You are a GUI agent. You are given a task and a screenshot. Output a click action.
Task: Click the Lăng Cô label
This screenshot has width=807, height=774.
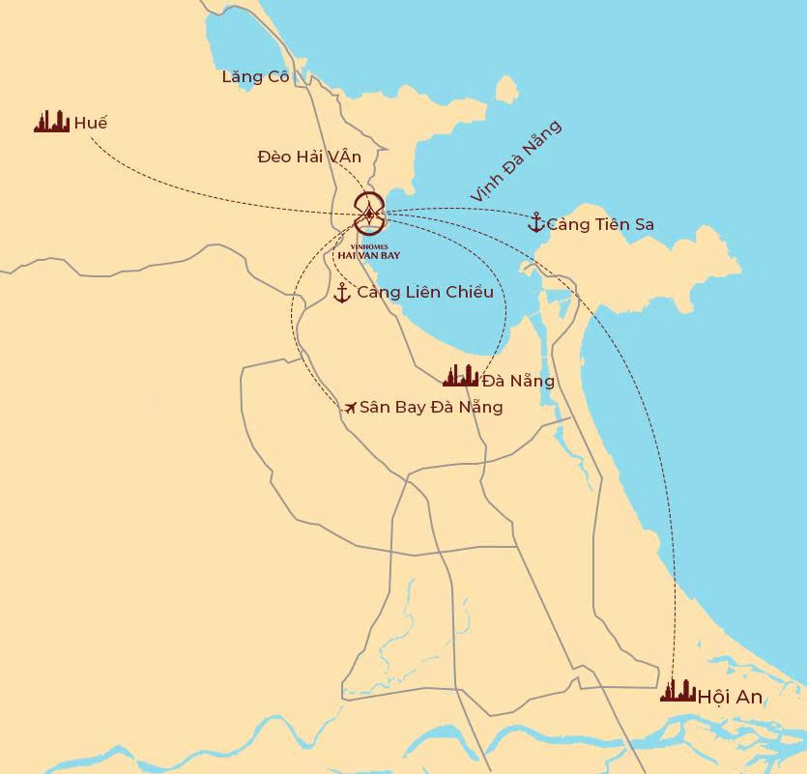click(x=256, y=76)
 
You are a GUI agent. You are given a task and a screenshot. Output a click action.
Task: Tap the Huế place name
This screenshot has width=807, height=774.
click(x=91, y=123)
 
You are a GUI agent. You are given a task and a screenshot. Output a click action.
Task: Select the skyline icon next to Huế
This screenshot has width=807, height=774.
click(x=52, y=122)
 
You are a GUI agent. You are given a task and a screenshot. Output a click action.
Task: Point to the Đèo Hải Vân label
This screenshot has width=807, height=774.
click(x=309, y=156)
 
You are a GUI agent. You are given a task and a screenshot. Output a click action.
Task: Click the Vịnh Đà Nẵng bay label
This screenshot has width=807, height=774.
click(x=515, y=161)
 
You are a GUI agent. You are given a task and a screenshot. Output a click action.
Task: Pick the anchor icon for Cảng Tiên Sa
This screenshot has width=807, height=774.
click(x=535, y=223)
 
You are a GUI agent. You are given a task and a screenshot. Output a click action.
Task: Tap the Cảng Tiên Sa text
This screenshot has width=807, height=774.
click(x=600, y=224)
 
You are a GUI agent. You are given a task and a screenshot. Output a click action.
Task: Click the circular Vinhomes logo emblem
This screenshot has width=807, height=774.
click(x=369, y=213)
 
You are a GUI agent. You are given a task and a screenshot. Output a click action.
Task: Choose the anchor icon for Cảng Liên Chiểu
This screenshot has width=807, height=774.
click(x=341, y=293)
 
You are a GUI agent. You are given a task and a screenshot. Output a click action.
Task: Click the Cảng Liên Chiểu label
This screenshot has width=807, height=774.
click(x=425, y=292)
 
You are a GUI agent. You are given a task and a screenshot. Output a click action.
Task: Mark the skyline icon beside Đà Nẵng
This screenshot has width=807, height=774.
click(x=460, y=376)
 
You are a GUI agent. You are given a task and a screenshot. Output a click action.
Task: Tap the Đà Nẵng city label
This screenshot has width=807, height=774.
click(x=519, y=381)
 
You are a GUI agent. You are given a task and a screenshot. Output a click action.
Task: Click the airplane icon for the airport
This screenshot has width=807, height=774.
click(x=350, y=408)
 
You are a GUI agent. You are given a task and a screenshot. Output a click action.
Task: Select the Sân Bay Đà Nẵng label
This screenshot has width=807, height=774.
click(x=431, y=407)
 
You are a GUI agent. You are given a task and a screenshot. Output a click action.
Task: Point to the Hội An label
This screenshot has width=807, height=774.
click(x=730, y=697)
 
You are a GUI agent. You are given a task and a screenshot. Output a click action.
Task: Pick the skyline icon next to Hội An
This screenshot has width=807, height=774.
click(x=678, y=691)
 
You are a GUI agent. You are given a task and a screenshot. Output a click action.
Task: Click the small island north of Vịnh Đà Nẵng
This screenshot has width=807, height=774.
click(x=506, y=90)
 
